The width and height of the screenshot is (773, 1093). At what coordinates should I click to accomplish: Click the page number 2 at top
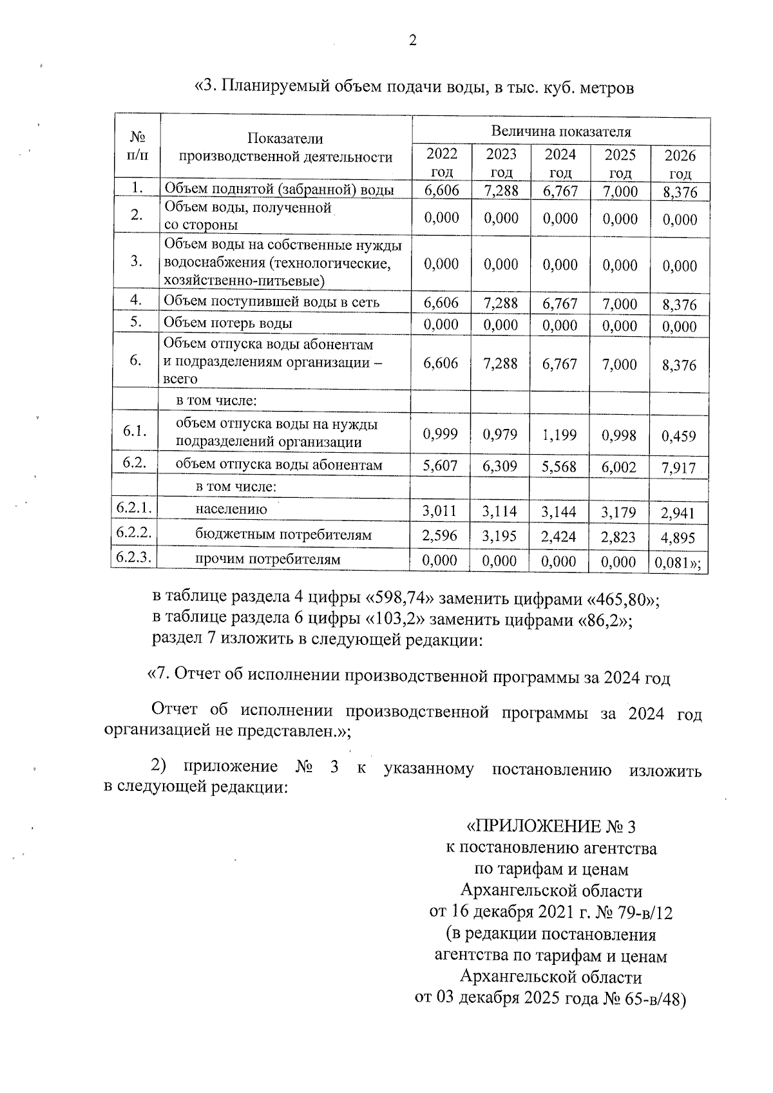(412, 41)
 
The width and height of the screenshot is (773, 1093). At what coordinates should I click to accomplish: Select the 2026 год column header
(680, 164)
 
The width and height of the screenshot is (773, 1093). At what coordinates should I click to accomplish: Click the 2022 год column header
(442, 162)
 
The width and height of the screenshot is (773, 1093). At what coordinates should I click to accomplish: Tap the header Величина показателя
(560, 131)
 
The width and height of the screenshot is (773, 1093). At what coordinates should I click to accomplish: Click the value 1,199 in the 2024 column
(558, 435)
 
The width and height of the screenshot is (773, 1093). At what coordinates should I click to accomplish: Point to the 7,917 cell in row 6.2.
(679, 468)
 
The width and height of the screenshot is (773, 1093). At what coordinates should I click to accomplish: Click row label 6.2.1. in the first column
(134, 508)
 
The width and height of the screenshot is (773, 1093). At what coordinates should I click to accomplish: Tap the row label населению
(231, 509)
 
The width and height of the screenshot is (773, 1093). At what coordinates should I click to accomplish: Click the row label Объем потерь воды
(227, 323)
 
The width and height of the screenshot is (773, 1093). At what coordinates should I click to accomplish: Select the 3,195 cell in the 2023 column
(500, 536)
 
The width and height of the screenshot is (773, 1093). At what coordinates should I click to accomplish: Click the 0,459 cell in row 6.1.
(679, 436)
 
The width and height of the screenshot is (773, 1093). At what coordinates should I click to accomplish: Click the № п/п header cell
(136, 147)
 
